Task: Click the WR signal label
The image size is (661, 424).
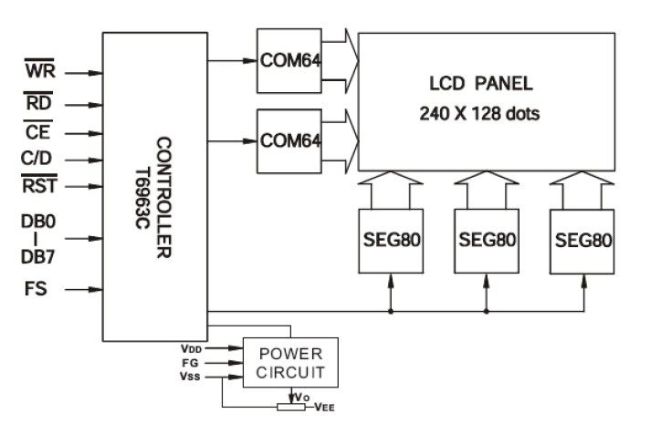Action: (40, 69)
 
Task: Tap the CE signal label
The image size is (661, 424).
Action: (38, 133)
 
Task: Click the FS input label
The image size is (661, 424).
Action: (37, 290)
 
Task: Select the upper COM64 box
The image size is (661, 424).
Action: (289, 61)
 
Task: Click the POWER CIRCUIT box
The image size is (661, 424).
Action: (289, 363)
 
